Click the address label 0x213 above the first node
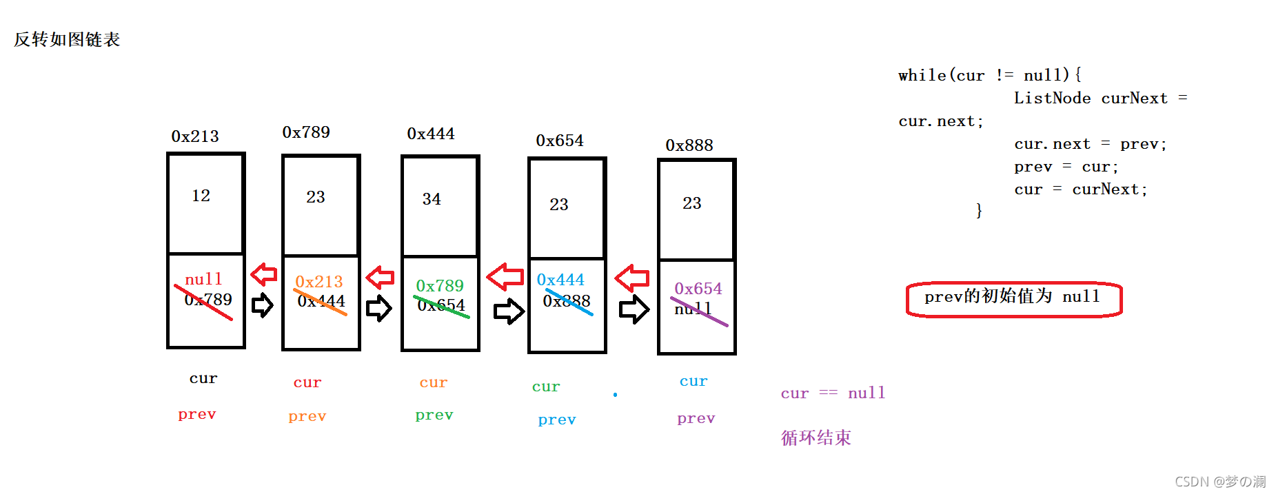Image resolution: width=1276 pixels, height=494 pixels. click(195, 136)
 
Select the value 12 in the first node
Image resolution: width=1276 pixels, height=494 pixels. click(201, 196)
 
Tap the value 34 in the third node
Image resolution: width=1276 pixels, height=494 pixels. click(432, 199)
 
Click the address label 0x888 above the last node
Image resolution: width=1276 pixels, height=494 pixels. click(689, 145)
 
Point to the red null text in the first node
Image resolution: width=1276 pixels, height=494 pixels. click(203, 279)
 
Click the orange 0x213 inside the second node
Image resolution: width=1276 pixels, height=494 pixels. click(318, 282)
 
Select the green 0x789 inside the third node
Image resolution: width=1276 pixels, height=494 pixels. click(440, 285)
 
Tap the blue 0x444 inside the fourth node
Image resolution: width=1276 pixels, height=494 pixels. click(560, 280)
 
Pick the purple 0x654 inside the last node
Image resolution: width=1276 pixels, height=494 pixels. click(698, 289)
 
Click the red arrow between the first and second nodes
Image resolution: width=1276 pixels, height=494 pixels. click(263, 274)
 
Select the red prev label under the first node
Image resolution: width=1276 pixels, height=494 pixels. click(196, 414)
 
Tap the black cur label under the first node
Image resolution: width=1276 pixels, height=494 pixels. click(203, 378)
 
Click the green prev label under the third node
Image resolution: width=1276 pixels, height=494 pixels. click(434, 415)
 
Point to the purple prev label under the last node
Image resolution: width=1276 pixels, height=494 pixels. click(696, 418)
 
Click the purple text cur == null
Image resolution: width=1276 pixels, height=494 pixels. click(832, 393)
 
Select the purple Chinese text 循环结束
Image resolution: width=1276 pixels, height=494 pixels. click(816, 438)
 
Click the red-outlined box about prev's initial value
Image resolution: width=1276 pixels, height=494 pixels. click(1013, 300)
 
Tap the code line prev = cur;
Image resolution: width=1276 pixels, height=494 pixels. click(1066, 167)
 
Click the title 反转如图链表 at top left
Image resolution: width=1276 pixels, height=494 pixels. click(67, 39)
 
